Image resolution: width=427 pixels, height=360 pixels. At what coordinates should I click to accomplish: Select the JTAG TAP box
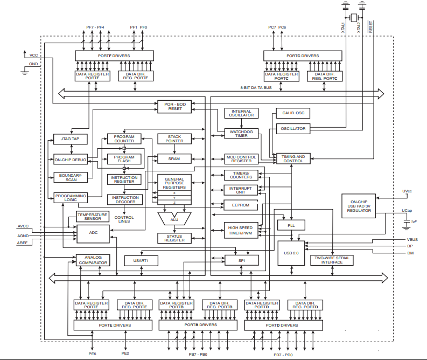pyautogui.click(x=70, y=139)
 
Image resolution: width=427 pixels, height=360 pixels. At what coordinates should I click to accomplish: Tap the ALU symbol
pyautogui.click(x=174, y=218)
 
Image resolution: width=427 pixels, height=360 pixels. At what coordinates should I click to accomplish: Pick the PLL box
pyautogui.click(x=291, y=224)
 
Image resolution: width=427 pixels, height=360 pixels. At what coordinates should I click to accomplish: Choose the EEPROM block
pyautogui.click(x=241, y=205)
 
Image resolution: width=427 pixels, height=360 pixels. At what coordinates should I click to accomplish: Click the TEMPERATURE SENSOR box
pyautogui.click(x=92, y=217)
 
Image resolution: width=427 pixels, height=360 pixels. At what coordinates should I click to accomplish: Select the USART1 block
pyautogui.click(x=148, y=260)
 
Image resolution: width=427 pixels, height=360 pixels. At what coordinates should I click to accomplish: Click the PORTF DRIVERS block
pyautogui.click(x=114, y=56)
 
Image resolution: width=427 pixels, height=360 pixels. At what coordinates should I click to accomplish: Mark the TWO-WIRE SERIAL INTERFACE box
pyautogui.click(x=332, y=260)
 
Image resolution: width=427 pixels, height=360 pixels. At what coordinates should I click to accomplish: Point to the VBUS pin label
pyautogui.click(x=413, y=239)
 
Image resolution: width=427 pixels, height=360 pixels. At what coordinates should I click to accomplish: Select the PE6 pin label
pyautogui.click(x=93, y=354)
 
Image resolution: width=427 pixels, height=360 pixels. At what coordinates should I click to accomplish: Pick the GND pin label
pyautogui.click(x=33, y=64)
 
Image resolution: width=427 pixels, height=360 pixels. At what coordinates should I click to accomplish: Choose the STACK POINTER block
pyautogui.click(x=174, y=139)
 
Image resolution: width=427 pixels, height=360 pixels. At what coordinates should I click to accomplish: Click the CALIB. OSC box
pyautogui.click(x=292, y=113)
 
